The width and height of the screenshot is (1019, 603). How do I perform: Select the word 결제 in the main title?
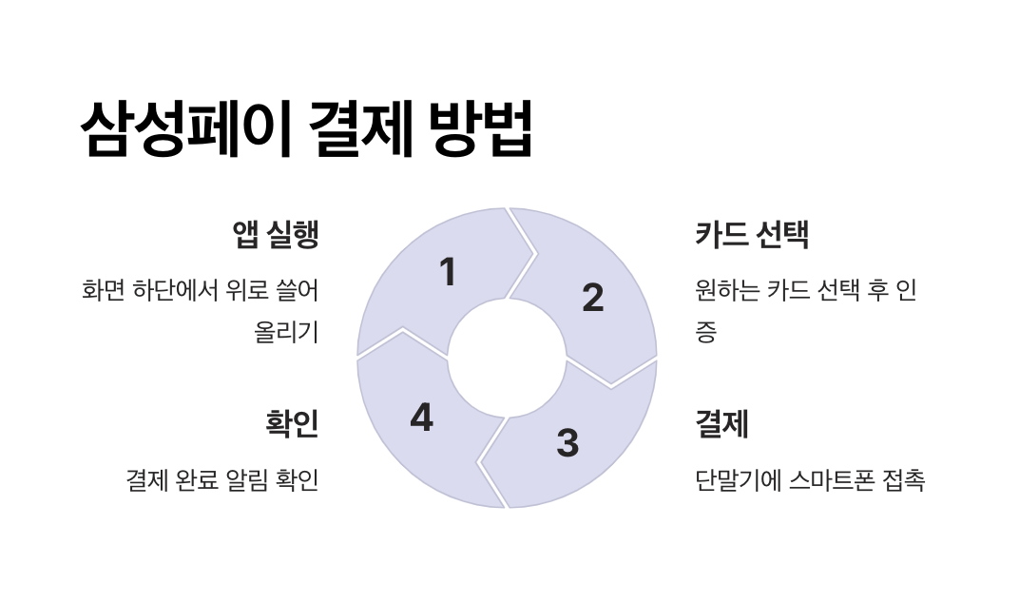click(x=361, y=129)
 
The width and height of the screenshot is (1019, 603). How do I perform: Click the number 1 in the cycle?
click(x=448, y=273)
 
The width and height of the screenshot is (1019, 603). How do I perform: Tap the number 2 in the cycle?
click(x=592, y=298)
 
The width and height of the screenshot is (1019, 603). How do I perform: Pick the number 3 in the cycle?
click(x=567, y=443)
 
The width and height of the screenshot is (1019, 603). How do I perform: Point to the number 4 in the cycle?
click(x=421, y=418)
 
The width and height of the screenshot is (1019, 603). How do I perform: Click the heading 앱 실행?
click(x=275, y=235)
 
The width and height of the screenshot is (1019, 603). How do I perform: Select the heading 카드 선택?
click(x=752, y=235)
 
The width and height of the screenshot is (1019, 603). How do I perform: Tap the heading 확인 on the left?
click(x=292, y=424)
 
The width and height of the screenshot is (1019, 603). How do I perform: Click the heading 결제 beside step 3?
click(x=722, y=424)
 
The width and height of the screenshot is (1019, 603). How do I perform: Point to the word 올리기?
click(x=286, y=333)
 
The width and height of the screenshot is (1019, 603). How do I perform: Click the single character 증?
click(x=705, y=333)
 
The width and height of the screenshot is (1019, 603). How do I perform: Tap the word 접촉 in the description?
click(x=903, y=480)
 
